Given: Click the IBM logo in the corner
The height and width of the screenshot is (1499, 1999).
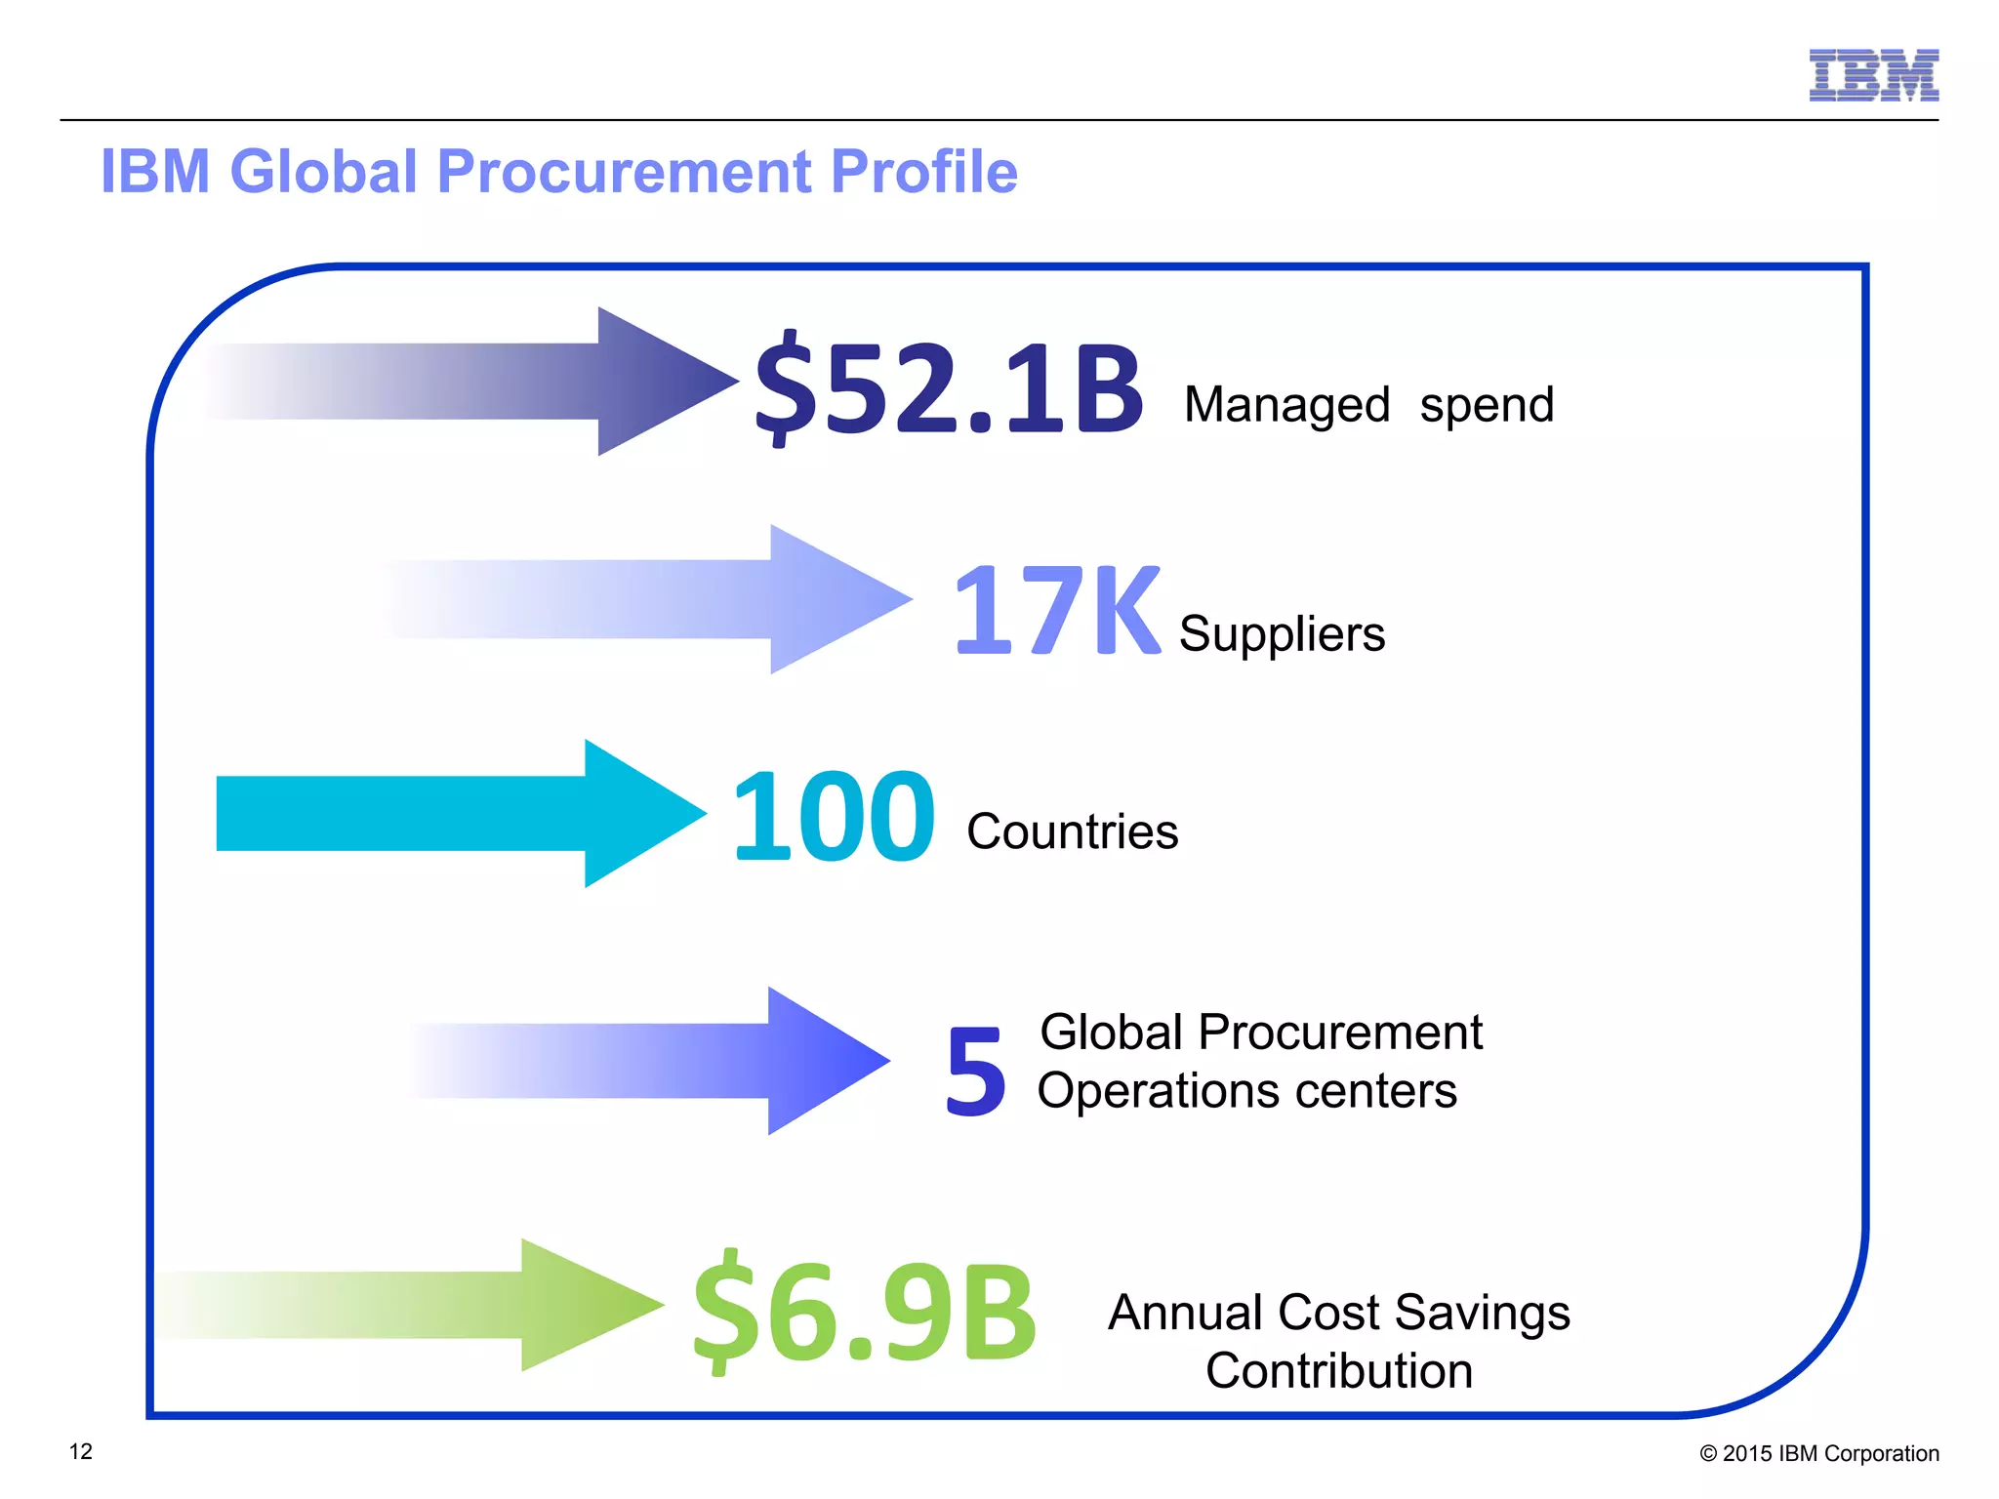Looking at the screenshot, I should pos(1873,75).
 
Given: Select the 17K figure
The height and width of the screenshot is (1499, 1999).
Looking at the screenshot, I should pos(1056,612).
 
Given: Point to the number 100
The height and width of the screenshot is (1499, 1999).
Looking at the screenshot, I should pos(833,816).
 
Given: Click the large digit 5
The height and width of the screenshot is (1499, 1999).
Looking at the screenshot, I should pos(975,1072).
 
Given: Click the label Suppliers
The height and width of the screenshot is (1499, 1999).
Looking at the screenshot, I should pos(1282,634).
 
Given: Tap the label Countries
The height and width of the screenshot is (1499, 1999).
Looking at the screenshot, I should pos(1072,831).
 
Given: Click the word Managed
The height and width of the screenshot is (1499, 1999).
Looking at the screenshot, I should pos(1286,405).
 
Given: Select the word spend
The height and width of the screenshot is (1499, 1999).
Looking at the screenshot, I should pos(1487,405).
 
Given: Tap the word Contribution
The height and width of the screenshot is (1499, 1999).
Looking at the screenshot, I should pos(1338,1371).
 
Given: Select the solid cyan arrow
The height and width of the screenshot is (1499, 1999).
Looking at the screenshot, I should pos(459,813).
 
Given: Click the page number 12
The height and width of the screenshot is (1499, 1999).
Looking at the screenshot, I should pos(81,1451).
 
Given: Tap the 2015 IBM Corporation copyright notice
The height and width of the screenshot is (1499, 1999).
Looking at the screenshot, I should pos(1818,1453).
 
